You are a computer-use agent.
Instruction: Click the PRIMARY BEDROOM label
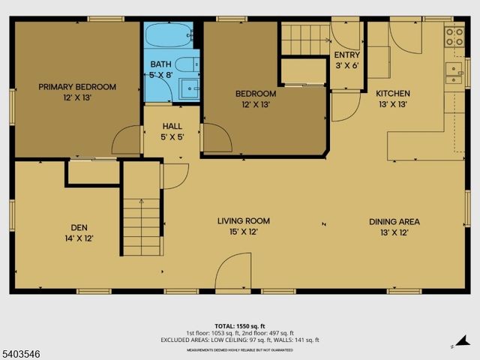[77, 87]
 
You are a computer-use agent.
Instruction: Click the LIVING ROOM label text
[243, 221]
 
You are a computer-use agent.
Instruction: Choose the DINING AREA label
[394, 221]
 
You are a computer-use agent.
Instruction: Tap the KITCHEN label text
[393, 94]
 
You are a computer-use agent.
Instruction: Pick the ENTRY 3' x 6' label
[346, 60]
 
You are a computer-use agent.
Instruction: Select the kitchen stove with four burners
[454, 37]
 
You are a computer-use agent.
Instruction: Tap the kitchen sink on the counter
[453, 71]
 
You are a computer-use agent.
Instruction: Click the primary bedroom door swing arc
[127, 141]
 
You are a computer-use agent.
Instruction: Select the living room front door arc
[233, 271]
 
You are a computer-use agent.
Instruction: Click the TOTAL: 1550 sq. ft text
[239, 324]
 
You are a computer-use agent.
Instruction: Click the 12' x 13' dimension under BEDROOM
[256, 105]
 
